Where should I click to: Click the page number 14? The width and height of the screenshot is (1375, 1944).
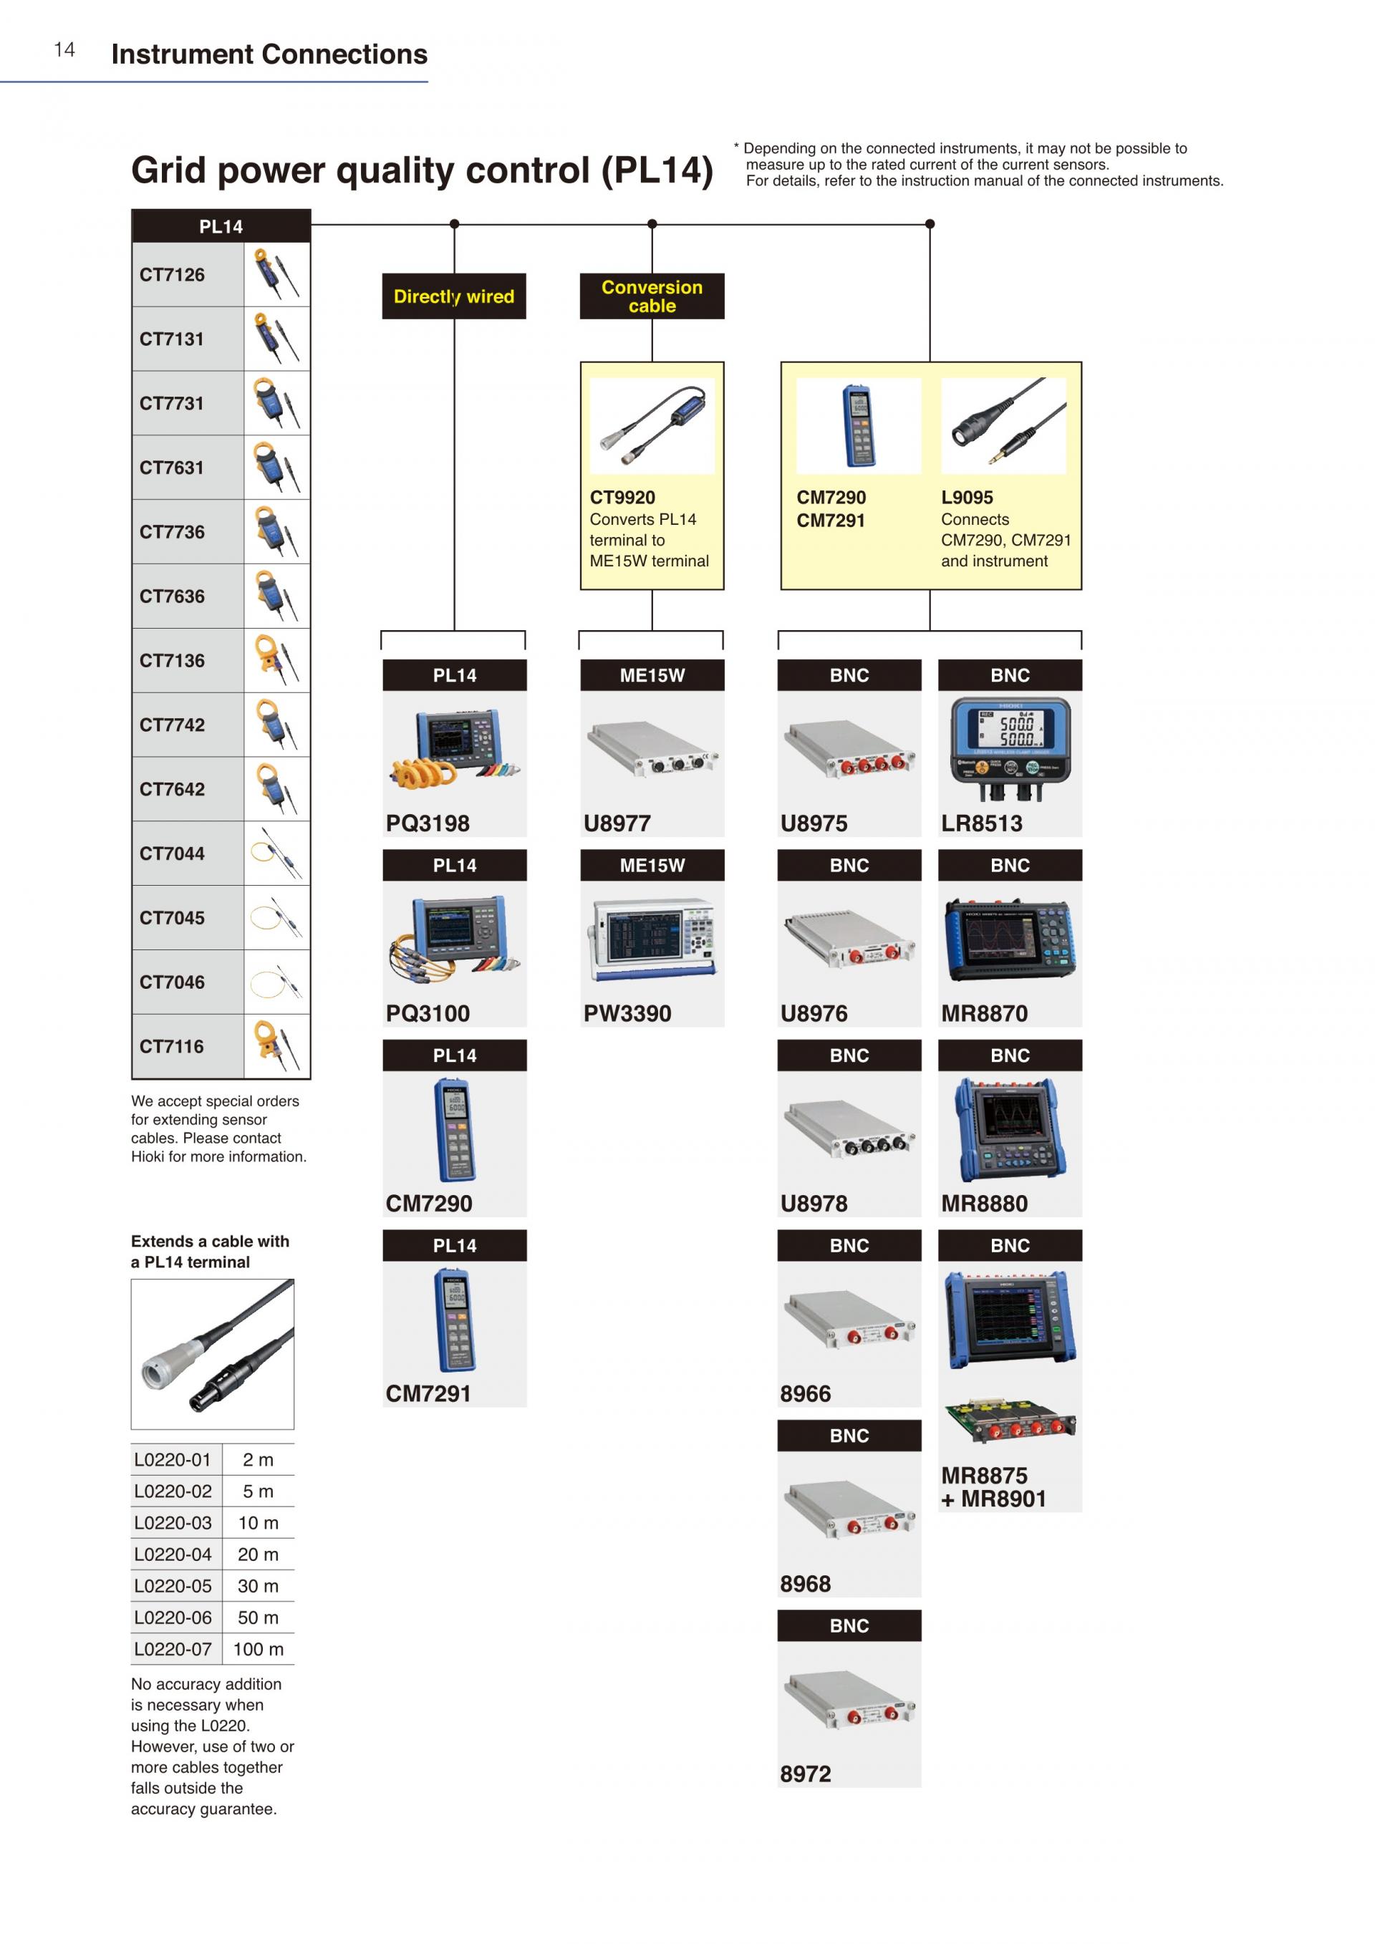point(64,50)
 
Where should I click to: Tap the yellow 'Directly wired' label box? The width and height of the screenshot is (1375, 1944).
point(454,296)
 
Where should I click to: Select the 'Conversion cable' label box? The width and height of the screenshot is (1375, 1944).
point(651,296)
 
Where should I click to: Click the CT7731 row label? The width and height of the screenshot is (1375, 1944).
point(172,404)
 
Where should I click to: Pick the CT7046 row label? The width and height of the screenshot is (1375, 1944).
point(172,982)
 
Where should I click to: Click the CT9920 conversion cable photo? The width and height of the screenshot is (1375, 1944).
point(651,426)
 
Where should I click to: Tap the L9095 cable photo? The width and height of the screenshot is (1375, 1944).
point(1003,426)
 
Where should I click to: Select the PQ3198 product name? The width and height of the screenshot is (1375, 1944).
point(428,823)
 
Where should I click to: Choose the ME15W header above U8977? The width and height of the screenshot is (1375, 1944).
point(652,676)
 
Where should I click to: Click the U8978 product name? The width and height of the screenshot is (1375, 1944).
point(814,1203)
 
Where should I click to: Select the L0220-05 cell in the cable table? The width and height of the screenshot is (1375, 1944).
point(173,1586)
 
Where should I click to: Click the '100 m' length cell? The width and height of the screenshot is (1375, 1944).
point(259,1649)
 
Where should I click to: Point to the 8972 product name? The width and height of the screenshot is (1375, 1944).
point(805,1774)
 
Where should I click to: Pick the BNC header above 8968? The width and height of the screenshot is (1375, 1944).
point(849,1436)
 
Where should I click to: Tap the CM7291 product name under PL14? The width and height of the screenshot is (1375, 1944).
point(428,1393)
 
